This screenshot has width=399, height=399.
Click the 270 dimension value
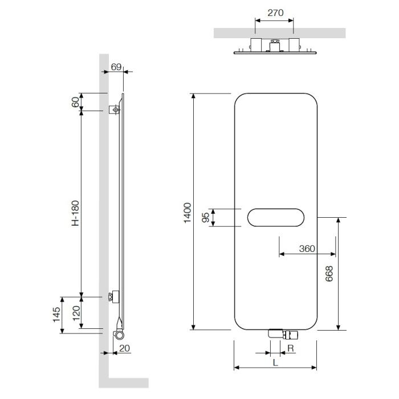tap(275, 13)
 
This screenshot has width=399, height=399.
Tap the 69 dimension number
tap(116, 67)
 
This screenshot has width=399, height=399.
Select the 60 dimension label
tap(75, 102)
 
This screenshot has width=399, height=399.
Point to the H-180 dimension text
tap(75, 213)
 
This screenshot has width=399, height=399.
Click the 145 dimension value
tap(56, 315)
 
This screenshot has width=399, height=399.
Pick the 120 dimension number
tap(76, 313)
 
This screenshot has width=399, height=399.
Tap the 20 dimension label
tap(124, 348)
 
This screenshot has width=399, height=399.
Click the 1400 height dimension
tap(188, 213)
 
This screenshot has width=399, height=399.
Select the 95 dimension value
tap(205, 217)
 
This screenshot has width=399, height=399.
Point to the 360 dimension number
tap(307, 249)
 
